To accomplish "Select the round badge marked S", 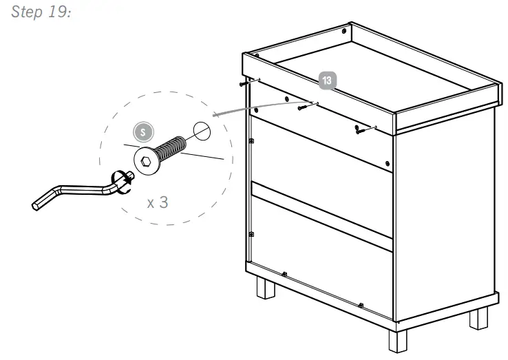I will pos(143,132).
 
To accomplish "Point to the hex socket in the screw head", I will pos(146,163).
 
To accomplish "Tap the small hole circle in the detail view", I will pos(200,131).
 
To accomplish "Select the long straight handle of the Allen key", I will pos(76,189).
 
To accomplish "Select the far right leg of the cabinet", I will pos(478,317).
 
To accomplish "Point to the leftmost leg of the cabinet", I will pos(265,287).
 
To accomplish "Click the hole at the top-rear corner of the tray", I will pos(344,32).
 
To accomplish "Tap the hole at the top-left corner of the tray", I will pos(255,56).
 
